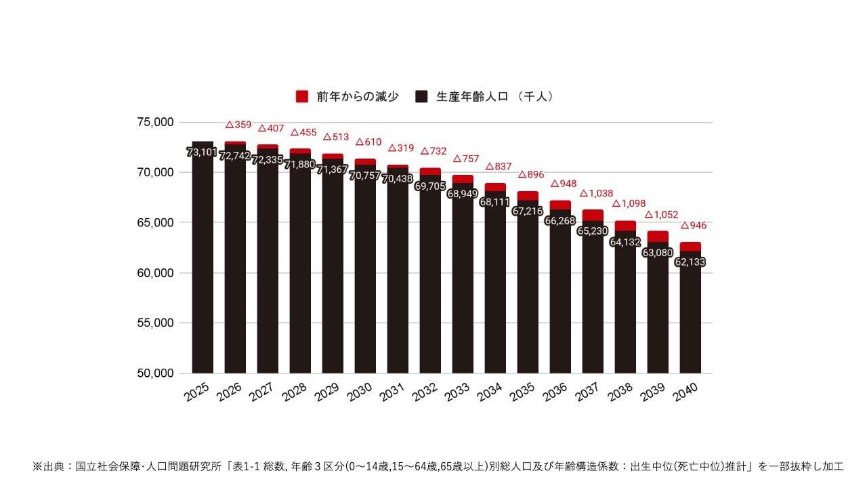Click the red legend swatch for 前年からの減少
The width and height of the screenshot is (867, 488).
(302, 97)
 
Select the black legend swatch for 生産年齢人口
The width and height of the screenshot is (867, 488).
(421, 97)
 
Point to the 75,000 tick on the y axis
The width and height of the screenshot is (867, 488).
(155, 122)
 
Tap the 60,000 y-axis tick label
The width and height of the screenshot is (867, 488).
(155, 272)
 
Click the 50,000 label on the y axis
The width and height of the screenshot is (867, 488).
(155, 373)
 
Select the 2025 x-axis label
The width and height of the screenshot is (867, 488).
(197, 392)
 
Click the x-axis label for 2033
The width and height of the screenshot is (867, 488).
(457, 392)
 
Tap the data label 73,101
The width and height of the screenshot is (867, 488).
(202, 152)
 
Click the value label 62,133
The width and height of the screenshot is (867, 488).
(690, 262)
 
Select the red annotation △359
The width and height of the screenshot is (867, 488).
(238, 125)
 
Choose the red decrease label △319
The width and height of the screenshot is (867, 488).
(401, 148)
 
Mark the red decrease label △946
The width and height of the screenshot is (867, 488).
(694, 225)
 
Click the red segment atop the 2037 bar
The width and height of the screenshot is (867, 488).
(593, 215)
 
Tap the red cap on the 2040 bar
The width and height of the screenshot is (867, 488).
(690, 246)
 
